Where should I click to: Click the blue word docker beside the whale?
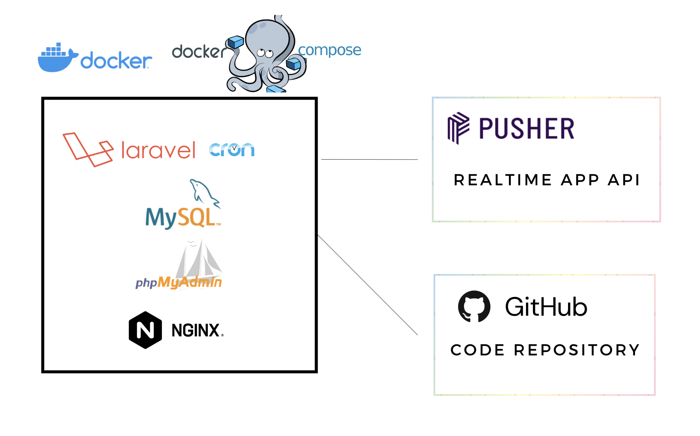116,61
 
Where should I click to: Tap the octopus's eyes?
265,53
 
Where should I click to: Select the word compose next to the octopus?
329,50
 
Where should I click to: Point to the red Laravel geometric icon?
88,149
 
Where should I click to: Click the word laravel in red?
158,150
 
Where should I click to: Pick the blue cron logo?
232,150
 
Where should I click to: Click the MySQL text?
181,218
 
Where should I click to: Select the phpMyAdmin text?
179,282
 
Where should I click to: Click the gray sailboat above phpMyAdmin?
199,258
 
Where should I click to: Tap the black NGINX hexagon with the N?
145,330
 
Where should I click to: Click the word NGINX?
196,331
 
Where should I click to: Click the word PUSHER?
526,129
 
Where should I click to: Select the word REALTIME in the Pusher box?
503,180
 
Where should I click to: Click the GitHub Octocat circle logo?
474,306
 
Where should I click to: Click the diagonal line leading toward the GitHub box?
368,285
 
